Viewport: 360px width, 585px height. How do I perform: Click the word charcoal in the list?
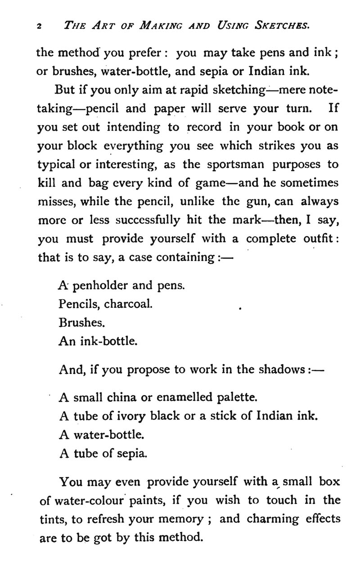pyautogui.click(x=128, y=304)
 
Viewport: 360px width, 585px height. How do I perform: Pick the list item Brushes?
pyautogui.click(x=76, y=323)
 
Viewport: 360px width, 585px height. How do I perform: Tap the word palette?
pyautogui.click(x=237, y=398)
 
